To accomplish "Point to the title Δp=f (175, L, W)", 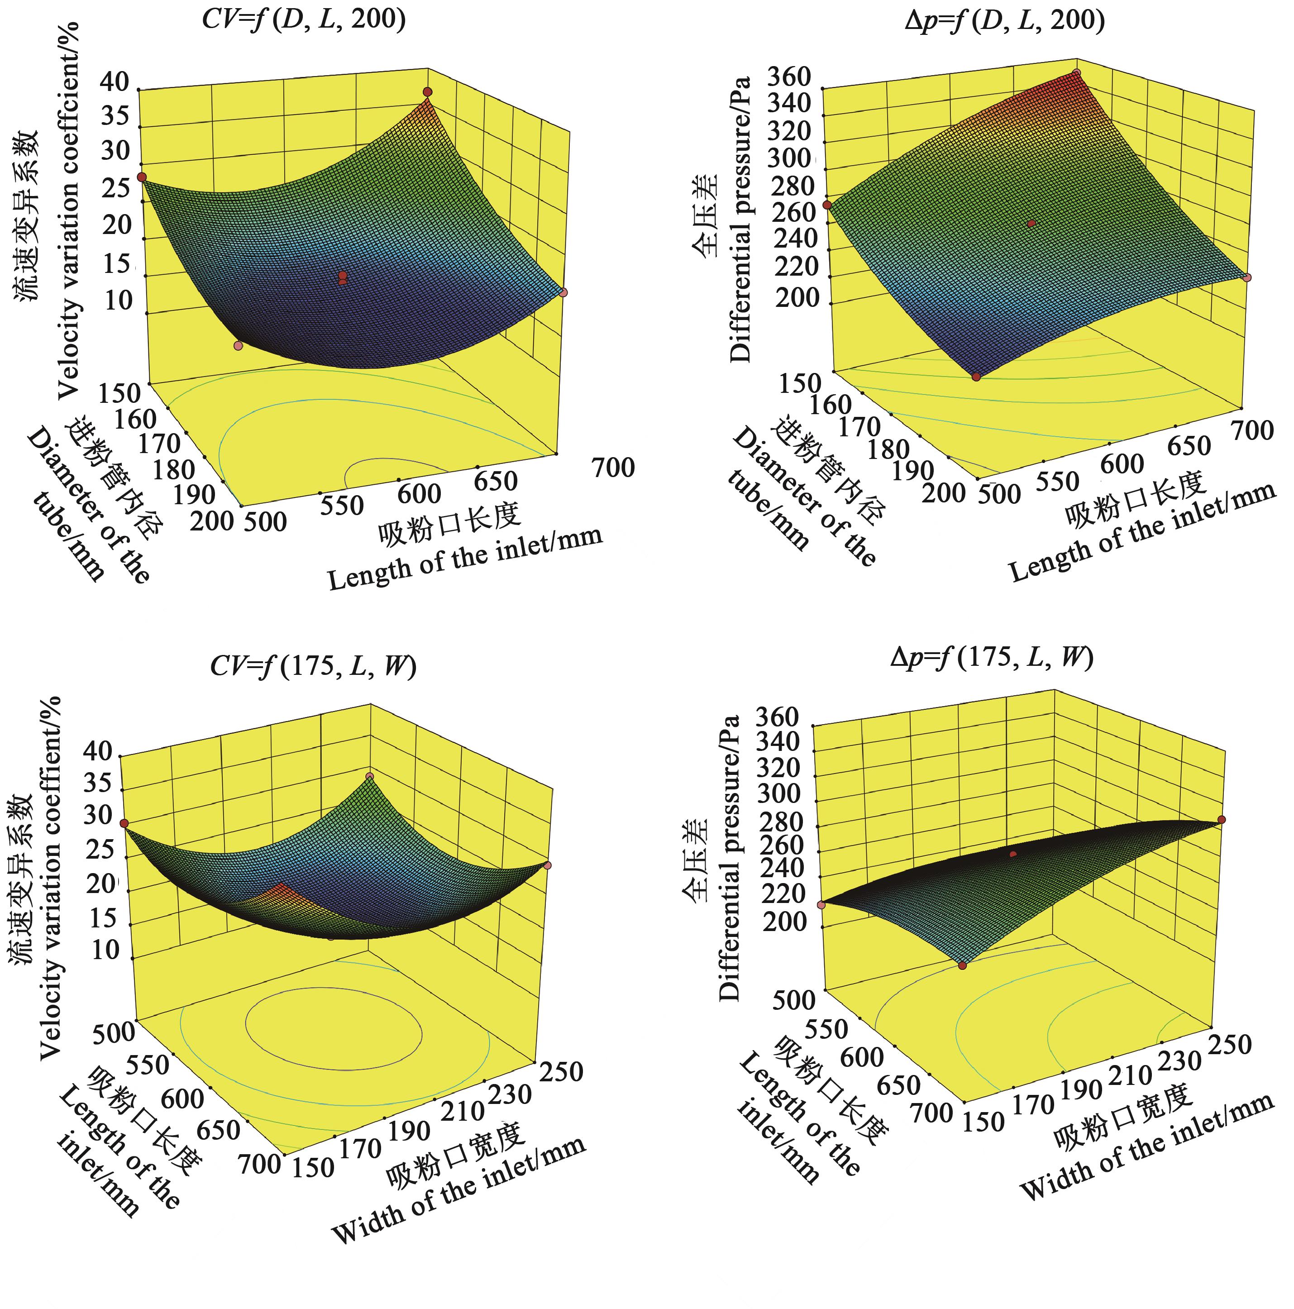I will click(992, 657).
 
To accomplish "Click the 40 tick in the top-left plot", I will click(115, 82).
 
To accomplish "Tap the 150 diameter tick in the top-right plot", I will click(800, 383).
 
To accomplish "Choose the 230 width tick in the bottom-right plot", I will click(1179, 1061).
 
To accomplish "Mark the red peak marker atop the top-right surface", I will click(1077, 72).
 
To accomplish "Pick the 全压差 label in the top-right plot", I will click(706, 215).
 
